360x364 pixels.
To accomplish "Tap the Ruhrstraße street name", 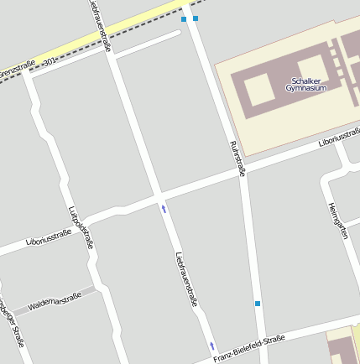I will click(x=237, y=159).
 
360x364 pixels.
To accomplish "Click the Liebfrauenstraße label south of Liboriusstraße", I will click(x=186, y=278).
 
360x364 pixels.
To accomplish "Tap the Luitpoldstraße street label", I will click(x=81, y=227).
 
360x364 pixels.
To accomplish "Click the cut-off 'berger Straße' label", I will click(x=12, y=323).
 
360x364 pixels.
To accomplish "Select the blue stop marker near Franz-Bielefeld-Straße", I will click(x=258, y=303).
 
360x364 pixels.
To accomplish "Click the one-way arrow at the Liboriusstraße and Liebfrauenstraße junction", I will click(x=164, y=208).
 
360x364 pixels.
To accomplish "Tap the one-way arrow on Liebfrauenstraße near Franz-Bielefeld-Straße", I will click(x=212, y=346).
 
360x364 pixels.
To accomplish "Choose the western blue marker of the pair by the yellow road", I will click(x=184, y=18).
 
